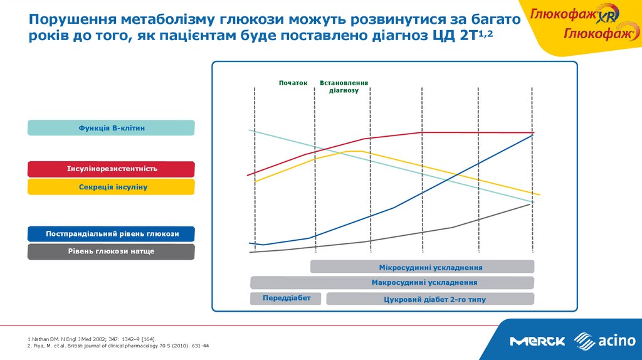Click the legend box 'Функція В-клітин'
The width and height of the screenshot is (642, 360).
click(111, 128)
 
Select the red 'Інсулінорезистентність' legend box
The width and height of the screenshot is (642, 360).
click(111, 169)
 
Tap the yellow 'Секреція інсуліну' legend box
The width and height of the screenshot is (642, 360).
click(111, 187)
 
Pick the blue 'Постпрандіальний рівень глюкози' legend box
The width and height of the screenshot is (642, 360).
click(111, 234)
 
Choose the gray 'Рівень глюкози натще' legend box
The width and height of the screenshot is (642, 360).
click(111, 251)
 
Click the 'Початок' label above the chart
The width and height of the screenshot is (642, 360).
click(293, 83)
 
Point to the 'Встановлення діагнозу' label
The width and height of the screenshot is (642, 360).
click(344, 87)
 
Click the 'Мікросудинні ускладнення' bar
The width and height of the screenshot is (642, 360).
click(422, 267)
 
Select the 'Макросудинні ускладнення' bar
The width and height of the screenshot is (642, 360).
click(392, 283)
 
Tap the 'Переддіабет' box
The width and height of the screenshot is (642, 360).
click(286, 298)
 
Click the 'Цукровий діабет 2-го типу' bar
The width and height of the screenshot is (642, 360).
click(430, 299)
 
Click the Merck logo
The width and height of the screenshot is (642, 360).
click(537, 341)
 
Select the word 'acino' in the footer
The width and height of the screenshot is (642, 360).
click(617, 341)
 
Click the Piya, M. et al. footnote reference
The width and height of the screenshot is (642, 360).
click(118, 346)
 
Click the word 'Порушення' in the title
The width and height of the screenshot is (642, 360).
click(73, 20)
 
